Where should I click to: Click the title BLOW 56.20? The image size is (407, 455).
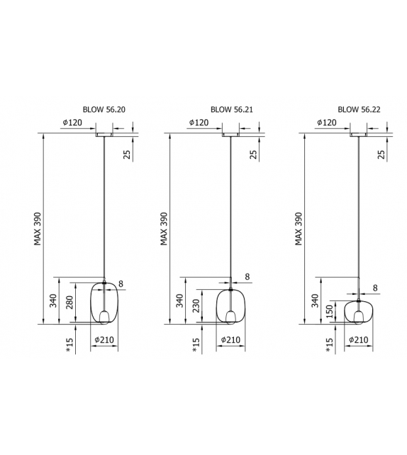104,110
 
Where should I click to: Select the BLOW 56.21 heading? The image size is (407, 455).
231,110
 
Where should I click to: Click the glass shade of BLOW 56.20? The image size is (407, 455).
104,303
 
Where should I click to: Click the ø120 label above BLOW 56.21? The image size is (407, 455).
199,123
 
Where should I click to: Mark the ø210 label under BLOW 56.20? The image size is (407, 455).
104,339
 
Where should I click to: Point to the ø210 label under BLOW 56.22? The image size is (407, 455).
358,339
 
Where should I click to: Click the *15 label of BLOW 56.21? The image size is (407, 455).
196,344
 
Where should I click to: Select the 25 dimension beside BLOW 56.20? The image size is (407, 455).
127,154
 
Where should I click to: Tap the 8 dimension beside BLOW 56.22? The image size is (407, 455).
374,288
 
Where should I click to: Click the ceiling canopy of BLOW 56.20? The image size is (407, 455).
104,133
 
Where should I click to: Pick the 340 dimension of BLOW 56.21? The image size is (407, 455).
179,301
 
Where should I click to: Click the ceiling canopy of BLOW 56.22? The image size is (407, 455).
358,133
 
